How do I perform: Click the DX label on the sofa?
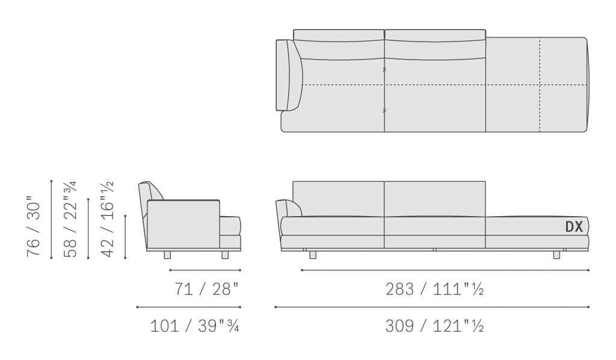(x=574, y=227)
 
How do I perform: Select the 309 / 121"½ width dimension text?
(x=434, y=326)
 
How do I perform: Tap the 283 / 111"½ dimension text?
(x=434, y=289)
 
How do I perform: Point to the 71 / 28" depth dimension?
(x=207, y=289)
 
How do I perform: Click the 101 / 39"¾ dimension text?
(x=195, y=326)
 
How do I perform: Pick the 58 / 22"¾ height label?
(x=70, y=219)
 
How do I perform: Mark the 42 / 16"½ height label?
(x=107, y=219)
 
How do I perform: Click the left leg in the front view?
(x=313, y=255)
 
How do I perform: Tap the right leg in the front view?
(x=556, y=255)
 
